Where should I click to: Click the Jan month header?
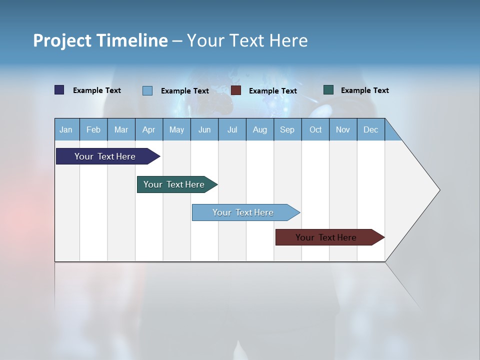click(x=66, y=129)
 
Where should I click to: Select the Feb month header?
click(x=93, y=129)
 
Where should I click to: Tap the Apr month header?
click(x=148, y=129)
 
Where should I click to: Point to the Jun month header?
click(x=204, y=129)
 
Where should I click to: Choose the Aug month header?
click(x=260, y=129)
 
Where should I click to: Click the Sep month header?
click(x=287, y=129)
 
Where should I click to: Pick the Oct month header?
click(x=315, y=129)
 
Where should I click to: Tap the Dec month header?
click(x=370, y=129)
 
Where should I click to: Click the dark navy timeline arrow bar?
click(x=105, y=156)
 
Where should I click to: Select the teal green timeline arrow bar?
click(x=174, y=184)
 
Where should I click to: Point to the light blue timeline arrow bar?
click(x=243, y=212)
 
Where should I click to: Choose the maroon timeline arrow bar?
click(x=326, y=237)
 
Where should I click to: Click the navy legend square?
click(x=59, y=90)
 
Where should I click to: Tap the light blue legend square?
click(x=147, y=90)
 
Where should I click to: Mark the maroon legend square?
click(x=236, y=90)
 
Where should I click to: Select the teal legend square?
click(x=328, y=90)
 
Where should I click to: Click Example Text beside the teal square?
click(x=364, y=90)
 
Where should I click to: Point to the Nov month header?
click(x=343, y=129)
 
